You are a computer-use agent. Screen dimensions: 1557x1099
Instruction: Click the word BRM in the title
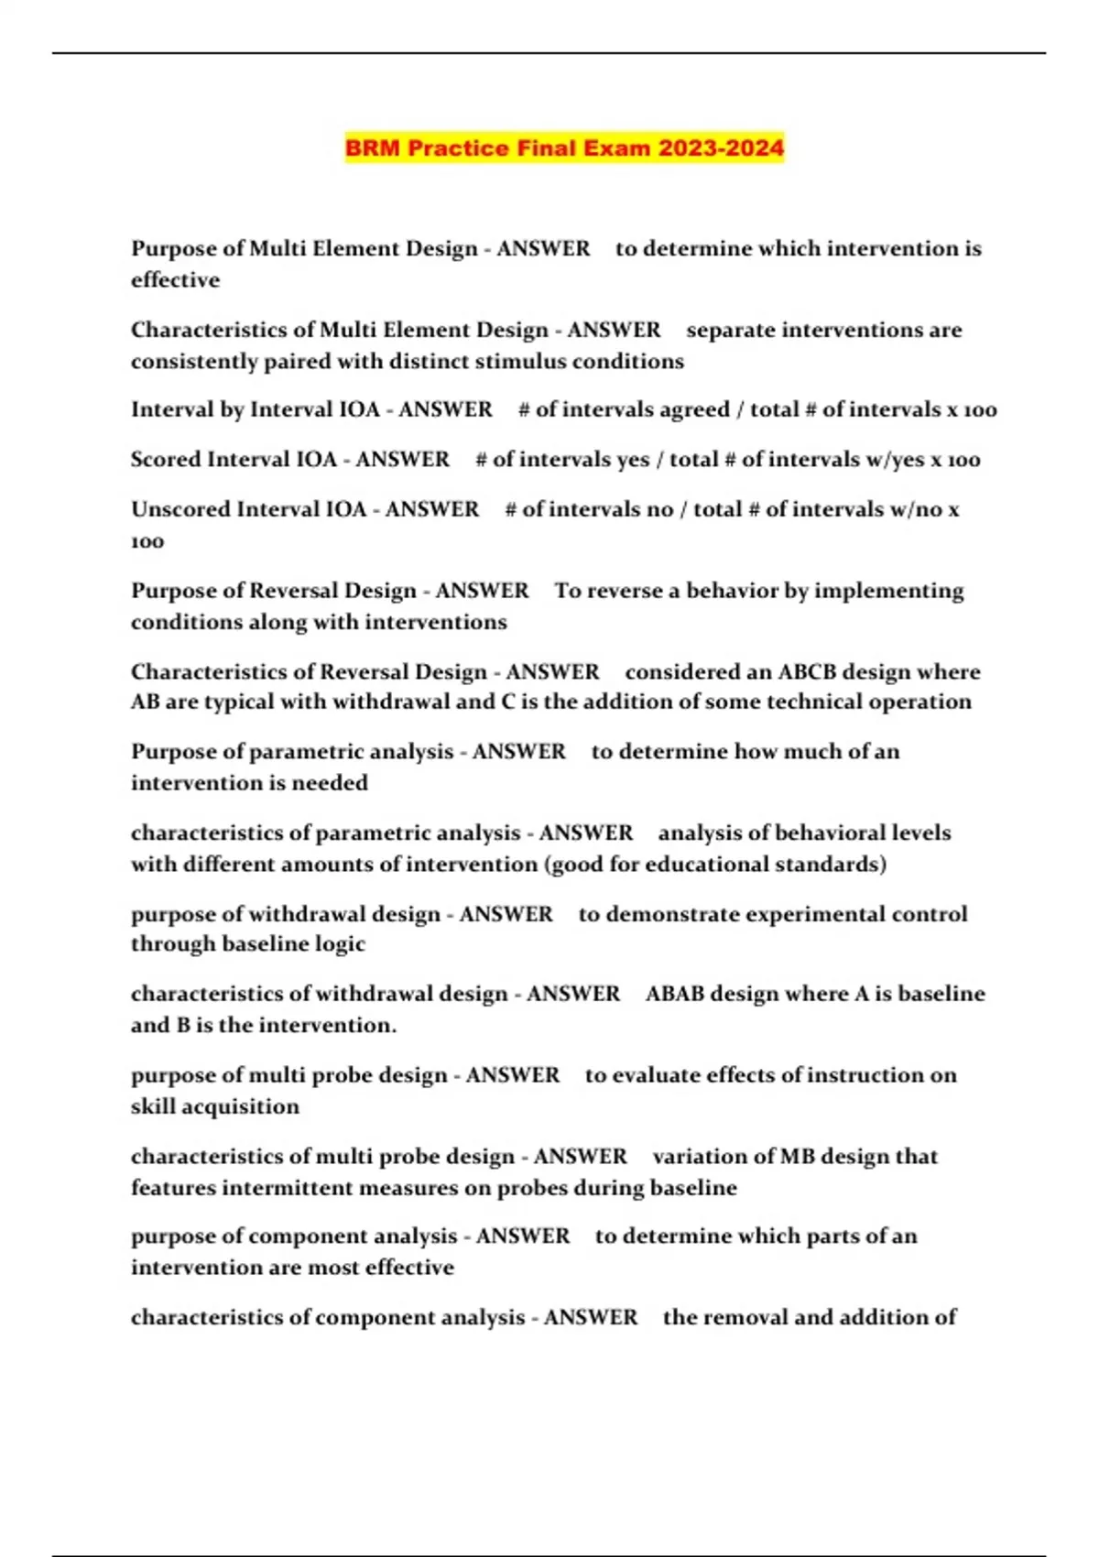coord(373,148)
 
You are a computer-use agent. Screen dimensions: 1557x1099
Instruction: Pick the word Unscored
coord(180,509)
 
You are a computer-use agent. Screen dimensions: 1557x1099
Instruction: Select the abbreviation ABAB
coord(674,995)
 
